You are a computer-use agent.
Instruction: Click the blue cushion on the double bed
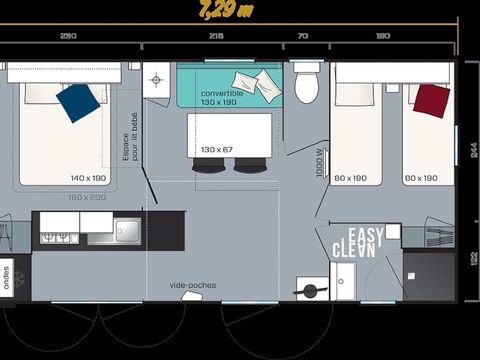point(78,101)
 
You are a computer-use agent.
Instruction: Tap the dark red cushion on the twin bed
point(431,98)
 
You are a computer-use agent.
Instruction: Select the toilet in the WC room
point(307,84)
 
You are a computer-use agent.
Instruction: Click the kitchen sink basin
point(127,231)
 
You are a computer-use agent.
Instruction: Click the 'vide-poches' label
point(193,285)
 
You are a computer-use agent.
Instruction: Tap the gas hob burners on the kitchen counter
point(55,236)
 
